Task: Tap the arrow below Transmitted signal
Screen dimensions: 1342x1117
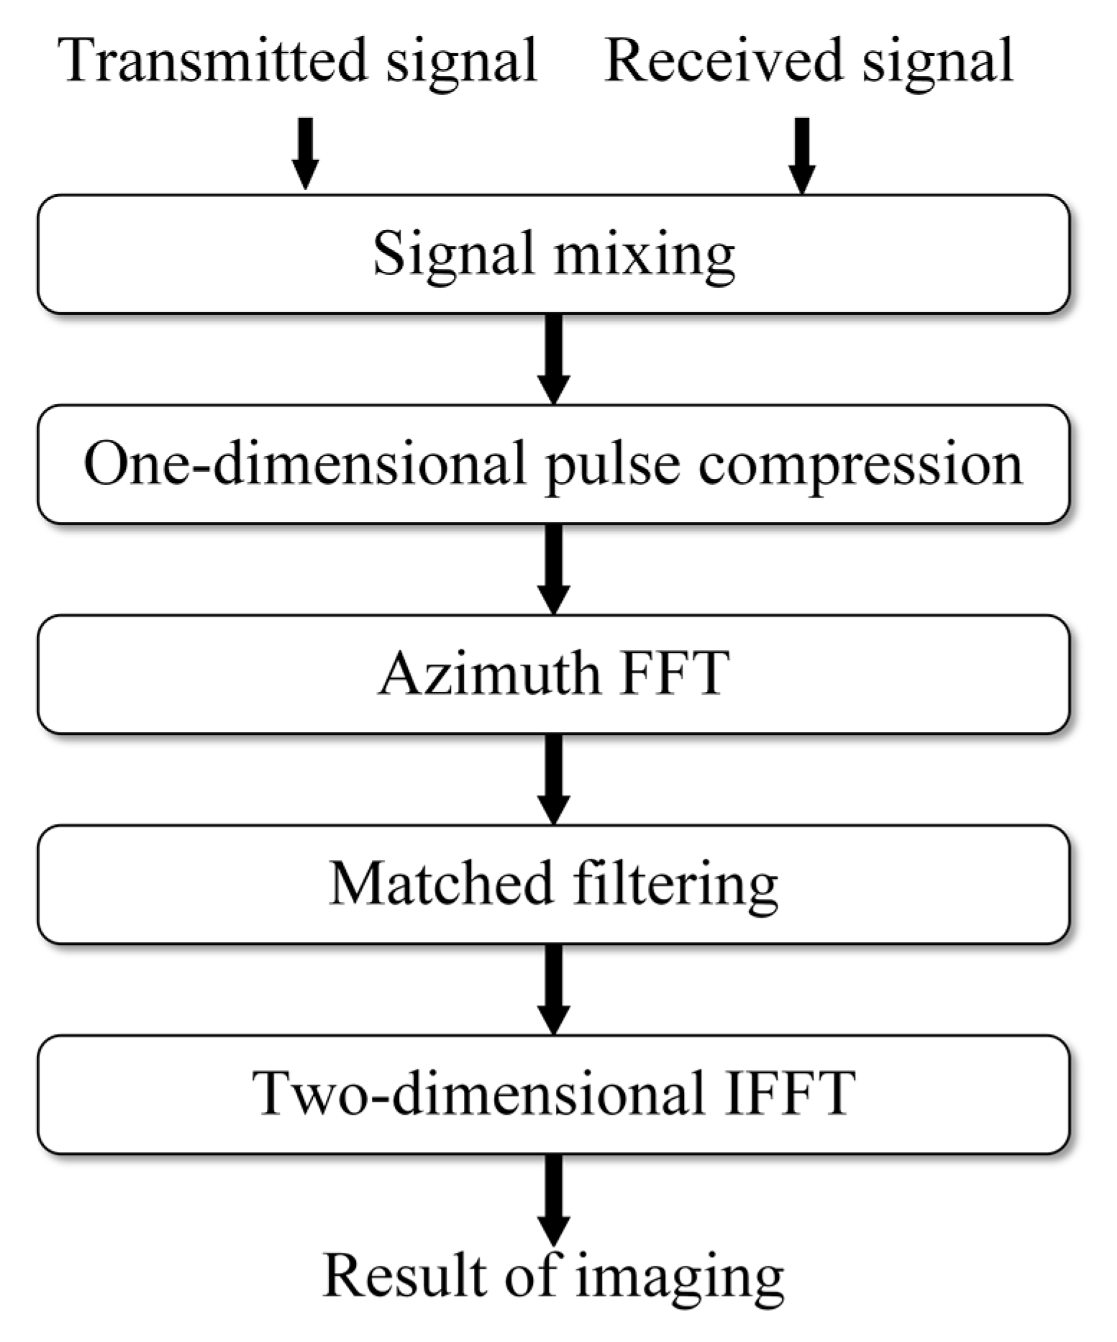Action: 305,152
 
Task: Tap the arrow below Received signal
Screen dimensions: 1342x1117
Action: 802,155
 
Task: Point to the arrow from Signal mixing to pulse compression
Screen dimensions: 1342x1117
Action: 553,358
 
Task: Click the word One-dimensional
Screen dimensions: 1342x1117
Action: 305,464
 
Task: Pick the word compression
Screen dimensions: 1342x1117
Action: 860,466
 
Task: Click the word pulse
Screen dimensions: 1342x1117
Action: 612,466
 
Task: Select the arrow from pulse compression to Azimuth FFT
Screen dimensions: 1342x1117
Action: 553,568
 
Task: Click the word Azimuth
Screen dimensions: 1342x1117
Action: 489,674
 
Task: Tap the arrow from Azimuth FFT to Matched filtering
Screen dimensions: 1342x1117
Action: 553,778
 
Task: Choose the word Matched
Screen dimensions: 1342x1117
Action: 441,884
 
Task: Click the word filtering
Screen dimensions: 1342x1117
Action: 675,885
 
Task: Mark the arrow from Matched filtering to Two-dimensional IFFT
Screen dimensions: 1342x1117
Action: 553,989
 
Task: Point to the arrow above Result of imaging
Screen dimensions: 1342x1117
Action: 553,1199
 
